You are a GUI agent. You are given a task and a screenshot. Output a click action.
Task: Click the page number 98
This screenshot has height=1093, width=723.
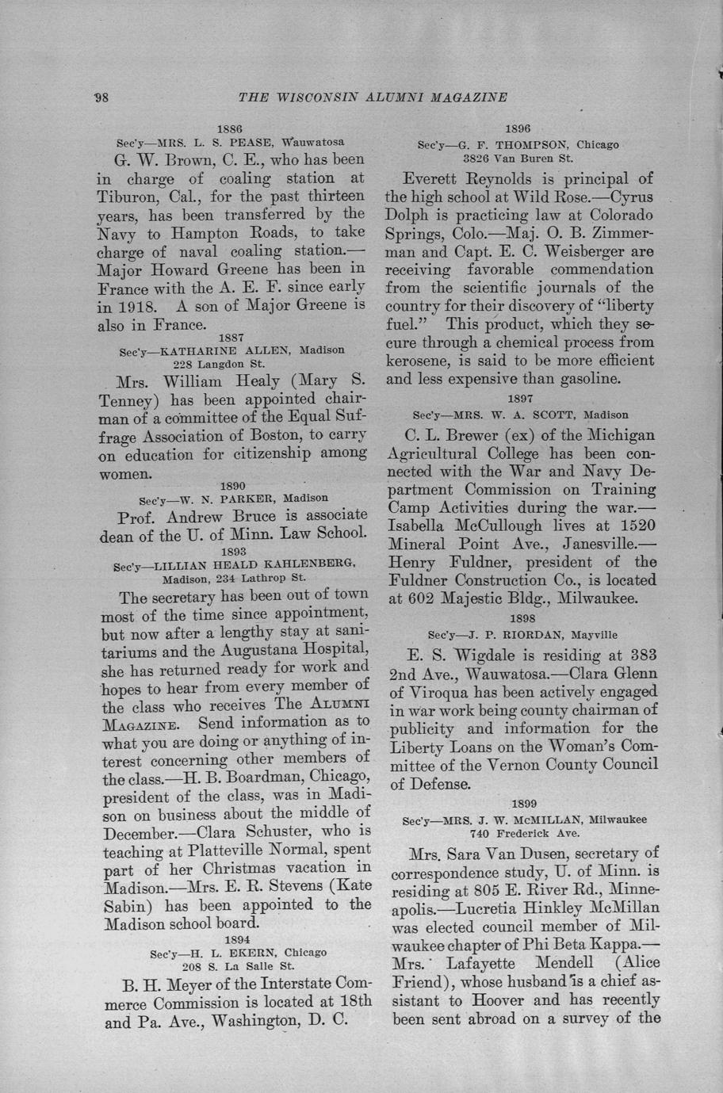(101, 97)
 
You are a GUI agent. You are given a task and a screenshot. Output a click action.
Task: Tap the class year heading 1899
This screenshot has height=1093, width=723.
(523, 804)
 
